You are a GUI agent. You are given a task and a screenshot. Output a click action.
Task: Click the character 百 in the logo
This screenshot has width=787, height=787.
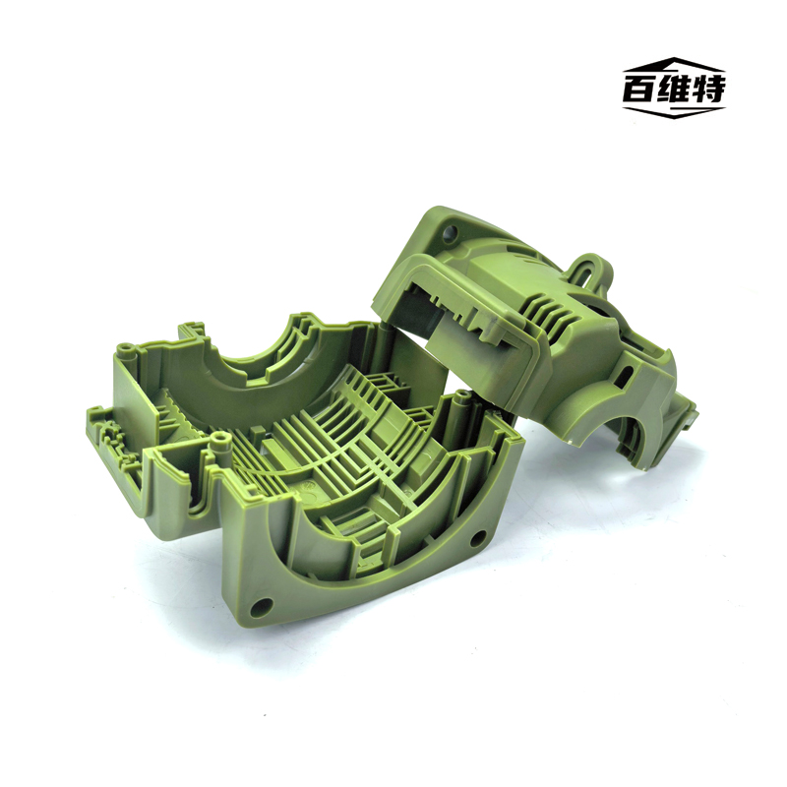coord(638,89)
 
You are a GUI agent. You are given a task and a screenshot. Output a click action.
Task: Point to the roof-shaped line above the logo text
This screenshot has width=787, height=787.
coord(674,64)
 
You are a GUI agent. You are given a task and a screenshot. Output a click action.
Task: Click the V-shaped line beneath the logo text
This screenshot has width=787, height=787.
coord(674,112)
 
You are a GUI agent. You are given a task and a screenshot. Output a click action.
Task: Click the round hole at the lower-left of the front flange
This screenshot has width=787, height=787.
coord(262,607)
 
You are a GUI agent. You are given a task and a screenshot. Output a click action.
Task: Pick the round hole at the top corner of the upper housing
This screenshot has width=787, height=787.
coord(450,232)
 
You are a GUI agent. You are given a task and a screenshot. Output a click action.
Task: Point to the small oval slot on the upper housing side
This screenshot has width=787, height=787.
coord(627,374)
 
